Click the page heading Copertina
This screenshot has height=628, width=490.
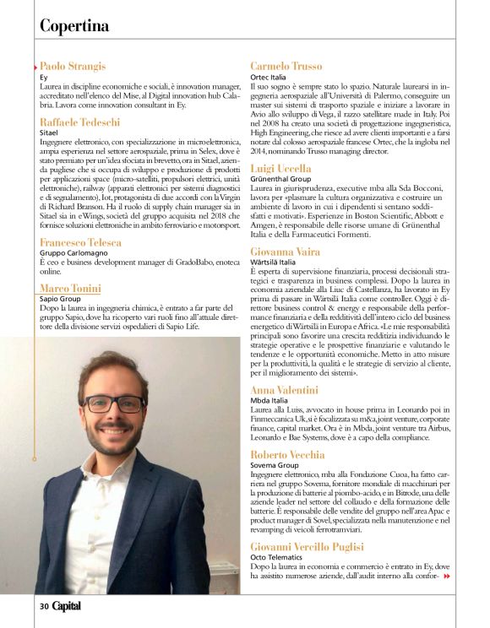click(74, 25)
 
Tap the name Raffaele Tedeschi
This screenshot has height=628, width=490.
click(82, 122)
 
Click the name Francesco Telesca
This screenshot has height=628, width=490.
click(80, 242)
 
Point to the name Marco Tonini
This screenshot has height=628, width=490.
click(70, 289)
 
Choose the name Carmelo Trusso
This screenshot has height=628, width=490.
click(286, 66)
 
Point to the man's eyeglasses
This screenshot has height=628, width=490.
click(113, 404)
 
